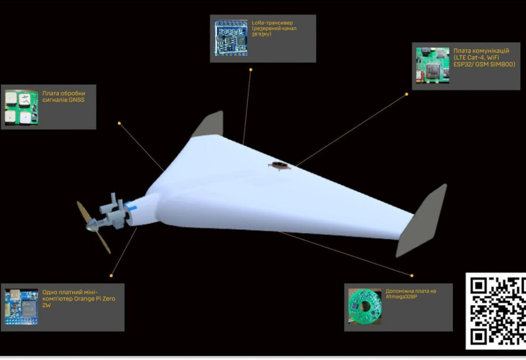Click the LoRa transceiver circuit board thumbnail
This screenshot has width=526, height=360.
[231, 38]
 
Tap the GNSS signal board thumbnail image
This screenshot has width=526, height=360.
[21, 107]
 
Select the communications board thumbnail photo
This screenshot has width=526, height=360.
[433, 65]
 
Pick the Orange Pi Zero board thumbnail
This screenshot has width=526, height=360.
[21, 307]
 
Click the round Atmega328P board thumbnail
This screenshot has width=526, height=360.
[365, 306]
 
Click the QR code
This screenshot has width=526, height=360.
[496, 311]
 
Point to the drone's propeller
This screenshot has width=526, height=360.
[93, 227]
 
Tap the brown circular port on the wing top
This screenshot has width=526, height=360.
[279, 165]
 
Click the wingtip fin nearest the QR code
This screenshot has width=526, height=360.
[422, 220]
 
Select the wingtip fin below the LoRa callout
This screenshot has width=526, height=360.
[209, 124]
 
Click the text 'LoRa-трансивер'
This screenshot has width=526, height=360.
[272, 23]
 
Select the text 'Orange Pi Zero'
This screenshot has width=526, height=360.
[94, 299]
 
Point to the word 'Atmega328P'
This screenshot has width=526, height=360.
[401, 297]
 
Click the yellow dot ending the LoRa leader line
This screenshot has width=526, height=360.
[250, 70]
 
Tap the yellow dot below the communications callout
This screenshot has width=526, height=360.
[407, 94]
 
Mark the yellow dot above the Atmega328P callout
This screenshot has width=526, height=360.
[412, 275]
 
